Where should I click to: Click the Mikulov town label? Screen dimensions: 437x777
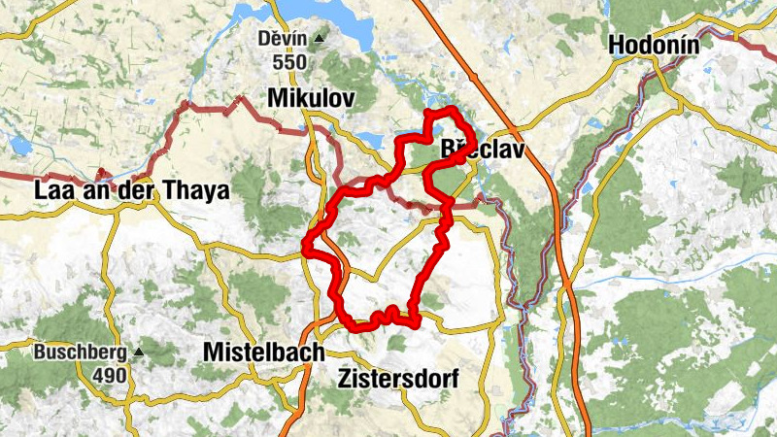310,98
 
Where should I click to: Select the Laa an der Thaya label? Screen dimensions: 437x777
131,191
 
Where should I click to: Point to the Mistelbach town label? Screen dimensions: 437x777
263,353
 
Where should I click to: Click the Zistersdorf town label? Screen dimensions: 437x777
398,378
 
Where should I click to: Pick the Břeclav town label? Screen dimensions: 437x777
483,151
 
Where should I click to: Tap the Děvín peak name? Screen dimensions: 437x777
283,39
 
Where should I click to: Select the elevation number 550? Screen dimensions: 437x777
289,62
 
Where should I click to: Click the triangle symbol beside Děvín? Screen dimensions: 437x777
318,39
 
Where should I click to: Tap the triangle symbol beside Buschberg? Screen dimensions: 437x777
139,352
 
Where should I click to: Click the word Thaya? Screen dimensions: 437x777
198,191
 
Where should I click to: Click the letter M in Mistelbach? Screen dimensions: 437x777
214,353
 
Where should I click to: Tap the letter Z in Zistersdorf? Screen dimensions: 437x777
347,378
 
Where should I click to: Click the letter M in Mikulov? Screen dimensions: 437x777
276,98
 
